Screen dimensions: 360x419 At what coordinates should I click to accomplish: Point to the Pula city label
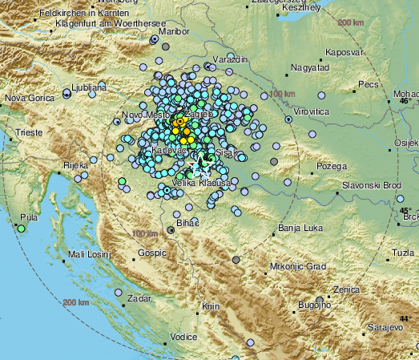[29, 217]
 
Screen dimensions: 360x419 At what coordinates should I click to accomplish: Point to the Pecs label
[368, 83]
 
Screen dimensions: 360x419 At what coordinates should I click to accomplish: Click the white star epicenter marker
[201, 170]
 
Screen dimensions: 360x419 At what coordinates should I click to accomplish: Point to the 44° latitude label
[405, 318]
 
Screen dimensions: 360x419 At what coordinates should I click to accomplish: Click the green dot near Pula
[20, 229]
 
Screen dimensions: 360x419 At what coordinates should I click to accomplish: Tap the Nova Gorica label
[26, 99]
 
